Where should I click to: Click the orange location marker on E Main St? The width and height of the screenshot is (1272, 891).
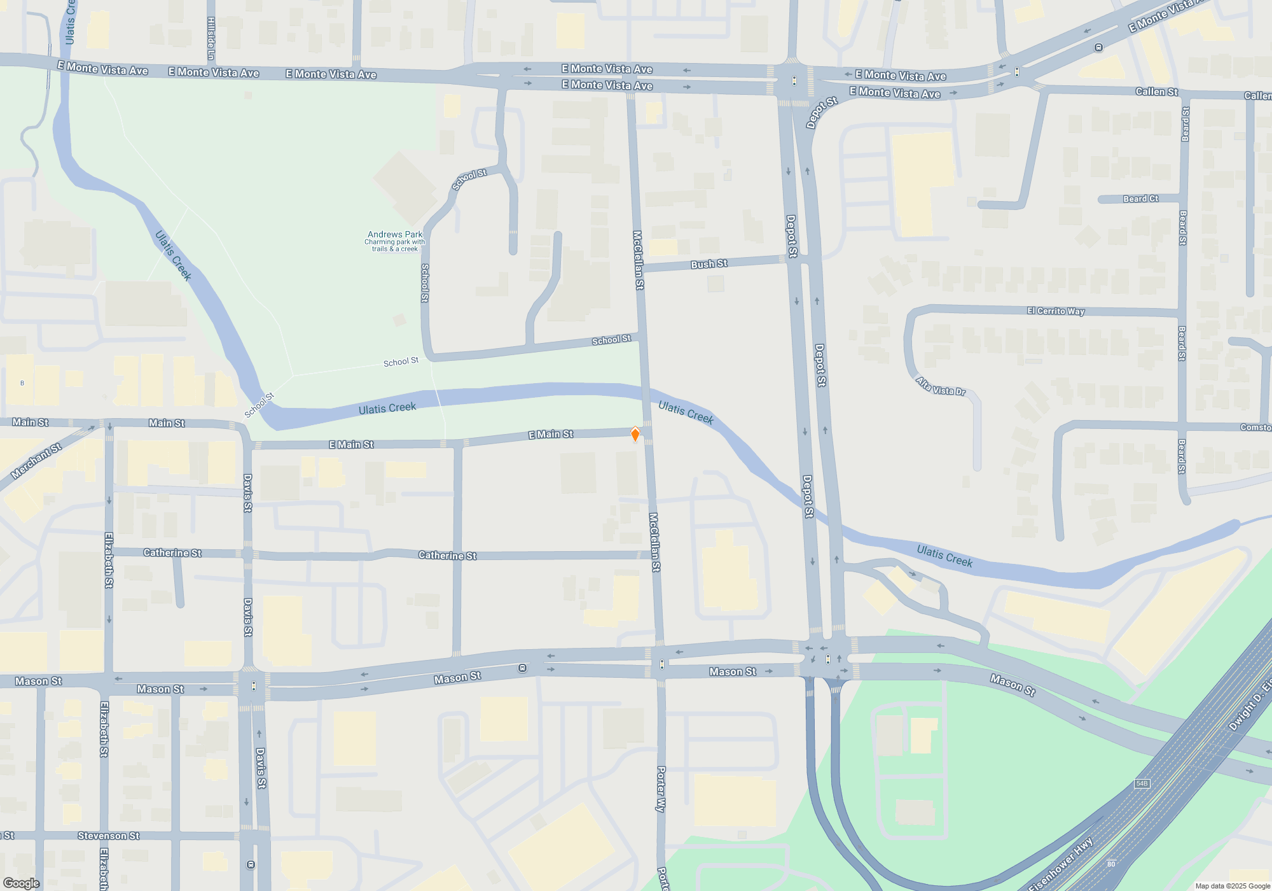[635, 434]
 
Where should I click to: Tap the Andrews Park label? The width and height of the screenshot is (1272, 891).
[395, 234]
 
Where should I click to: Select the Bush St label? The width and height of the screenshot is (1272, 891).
[709, 264]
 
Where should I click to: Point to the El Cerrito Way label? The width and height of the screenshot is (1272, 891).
[1055, 311]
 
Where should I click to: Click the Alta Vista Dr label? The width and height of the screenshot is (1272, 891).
[941, 386]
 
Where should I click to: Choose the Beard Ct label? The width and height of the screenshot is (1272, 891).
[1140, 199]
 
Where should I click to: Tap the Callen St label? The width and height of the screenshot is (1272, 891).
[1156, 92]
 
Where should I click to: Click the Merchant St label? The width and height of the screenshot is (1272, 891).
[36, 461]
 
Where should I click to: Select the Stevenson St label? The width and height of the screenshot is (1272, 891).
[108, 836]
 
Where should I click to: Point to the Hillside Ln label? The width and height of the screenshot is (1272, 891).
[211, 38]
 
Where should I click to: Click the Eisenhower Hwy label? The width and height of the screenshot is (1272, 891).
[1060, 866]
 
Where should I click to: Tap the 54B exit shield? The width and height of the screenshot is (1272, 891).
[1142, 783]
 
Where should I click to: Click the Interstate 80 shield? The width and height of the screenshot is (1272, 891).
[1110, 864]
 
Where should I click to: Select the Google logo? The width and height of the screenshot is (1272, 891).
[21, 883]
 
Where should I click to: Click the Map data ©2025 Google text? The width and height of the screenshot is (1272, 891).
[1232, 886]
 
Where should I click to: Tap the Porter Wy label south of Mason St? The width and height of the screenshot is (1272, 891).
[661, 789]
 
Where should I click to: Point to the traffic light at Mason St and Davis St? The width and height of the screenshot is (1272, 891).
[254, 686]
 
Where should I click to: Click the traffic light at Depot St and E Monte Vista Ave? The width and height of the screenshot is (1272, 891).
[794, 81]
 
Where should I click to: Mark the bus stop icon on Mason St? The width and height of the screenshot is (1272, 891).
[522, 668]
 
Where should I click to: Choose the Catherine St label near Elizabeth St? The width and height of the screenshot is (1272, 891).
[172, 552]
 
